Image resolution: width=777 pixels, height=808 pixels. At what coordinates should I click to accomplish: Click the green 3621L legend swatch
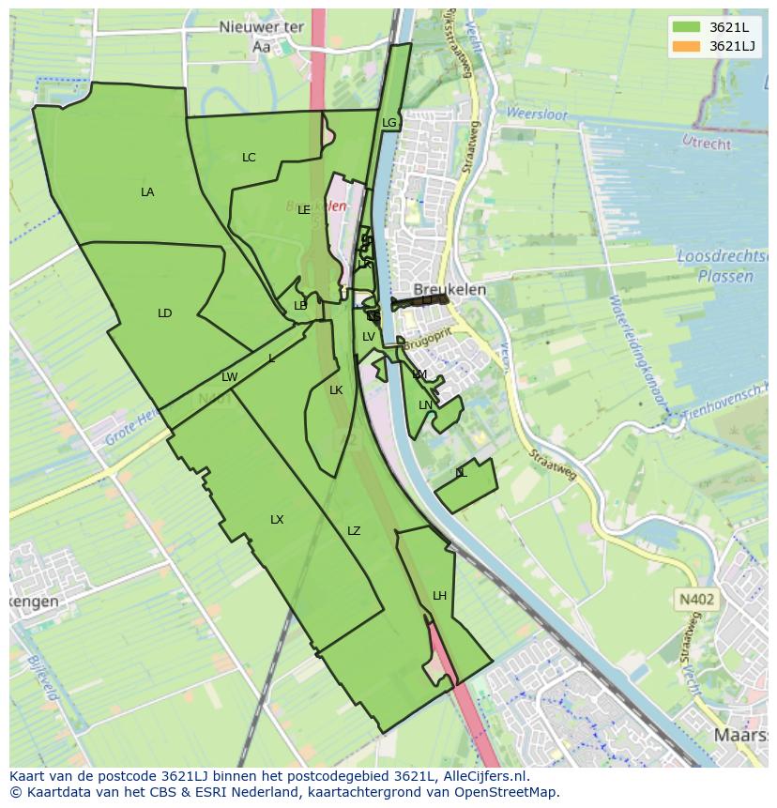point(686,26)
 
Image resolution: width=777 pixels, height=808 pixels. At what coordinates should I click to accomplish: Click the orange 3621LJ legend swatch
point(686,46)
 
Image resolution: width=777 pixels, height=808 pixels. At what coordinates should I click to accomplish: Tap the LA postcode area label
point(147,192)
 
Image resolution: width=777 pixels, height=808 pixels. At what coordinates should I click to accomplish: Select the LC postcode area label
point(249,158)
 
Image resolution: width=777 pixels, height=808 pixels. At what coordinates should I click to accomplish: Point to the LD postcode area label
point(165,313)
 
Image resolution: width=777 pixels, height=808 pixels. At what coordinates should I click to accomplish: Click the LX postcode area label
point(277,520)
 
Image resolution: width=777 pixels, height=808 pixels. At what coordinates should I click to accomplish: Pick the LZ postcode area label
point(354,531)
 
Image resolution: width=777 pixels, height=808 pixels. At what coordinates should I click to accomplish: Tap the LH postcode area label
point(440,596)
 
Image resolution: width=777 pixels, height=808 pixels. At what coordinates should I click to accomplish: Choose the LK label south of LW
point(336,390)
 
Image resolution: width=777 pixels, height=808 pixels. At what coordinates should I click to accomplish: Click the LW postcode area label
point(230,377)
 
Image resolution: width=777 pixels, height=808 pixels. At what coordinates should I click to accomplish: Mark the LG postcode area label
point(389,123)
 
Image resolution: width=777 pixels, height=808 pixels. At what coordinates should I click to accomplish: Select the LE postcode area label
point(304,210)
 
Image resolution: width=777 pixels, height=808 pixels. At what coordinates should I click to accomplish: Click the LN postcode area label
point(425,405)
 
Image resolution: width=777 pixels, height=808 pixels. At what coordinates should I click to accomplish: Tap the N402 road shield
point(695,599)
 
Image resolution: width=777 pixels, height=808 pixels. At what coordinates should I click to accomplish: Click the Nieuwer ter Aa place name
point(261,36)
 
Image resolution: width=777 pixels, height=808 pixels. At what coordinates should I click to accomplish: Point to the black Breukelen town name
point(450,290)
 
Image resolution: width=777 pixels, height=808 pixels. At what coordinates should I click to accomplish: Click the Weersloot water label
point(537,114)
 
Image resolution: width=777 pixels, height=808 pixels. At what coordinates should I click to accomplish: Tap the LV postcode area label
point(369,337)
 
